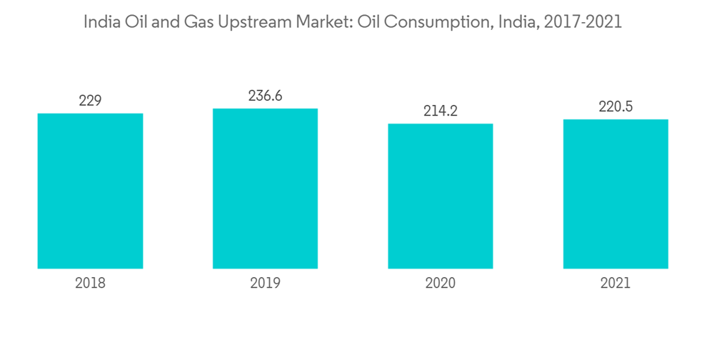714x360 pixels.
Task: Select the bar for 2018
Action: [x=90, y=191]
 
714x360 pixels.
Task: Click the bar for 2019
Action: [x=265, y=189]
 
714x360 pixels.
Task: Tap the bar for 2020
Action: [x=440, y=196]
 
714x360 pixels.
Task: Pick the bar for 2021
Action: [x=615, y=194]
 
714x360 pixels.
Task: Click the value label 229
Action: [x=90, y=101]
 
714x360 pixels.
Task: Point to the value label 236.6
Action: [x=265, y=96]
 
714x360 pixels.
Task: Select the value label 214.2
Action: [x=440, y=111]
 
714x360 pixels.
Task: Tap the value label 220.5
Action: [x=615, y=106]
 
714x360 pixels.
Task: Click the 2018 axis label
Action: [x=90, y=284]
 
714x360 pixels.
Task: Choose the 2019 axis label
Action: [x=265, y=284]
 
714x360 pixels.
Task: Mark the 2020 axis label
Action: [x=440, y=284]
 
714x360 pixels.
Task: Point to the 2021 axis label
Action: [x=615, y=284]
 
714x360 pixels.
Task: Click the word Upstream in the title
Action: [x=256, y=23]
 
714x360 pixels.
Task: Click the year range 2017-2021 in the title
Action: [x=583, y=22]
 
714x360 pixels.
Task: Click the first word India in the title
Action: [x=101, y=22]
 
